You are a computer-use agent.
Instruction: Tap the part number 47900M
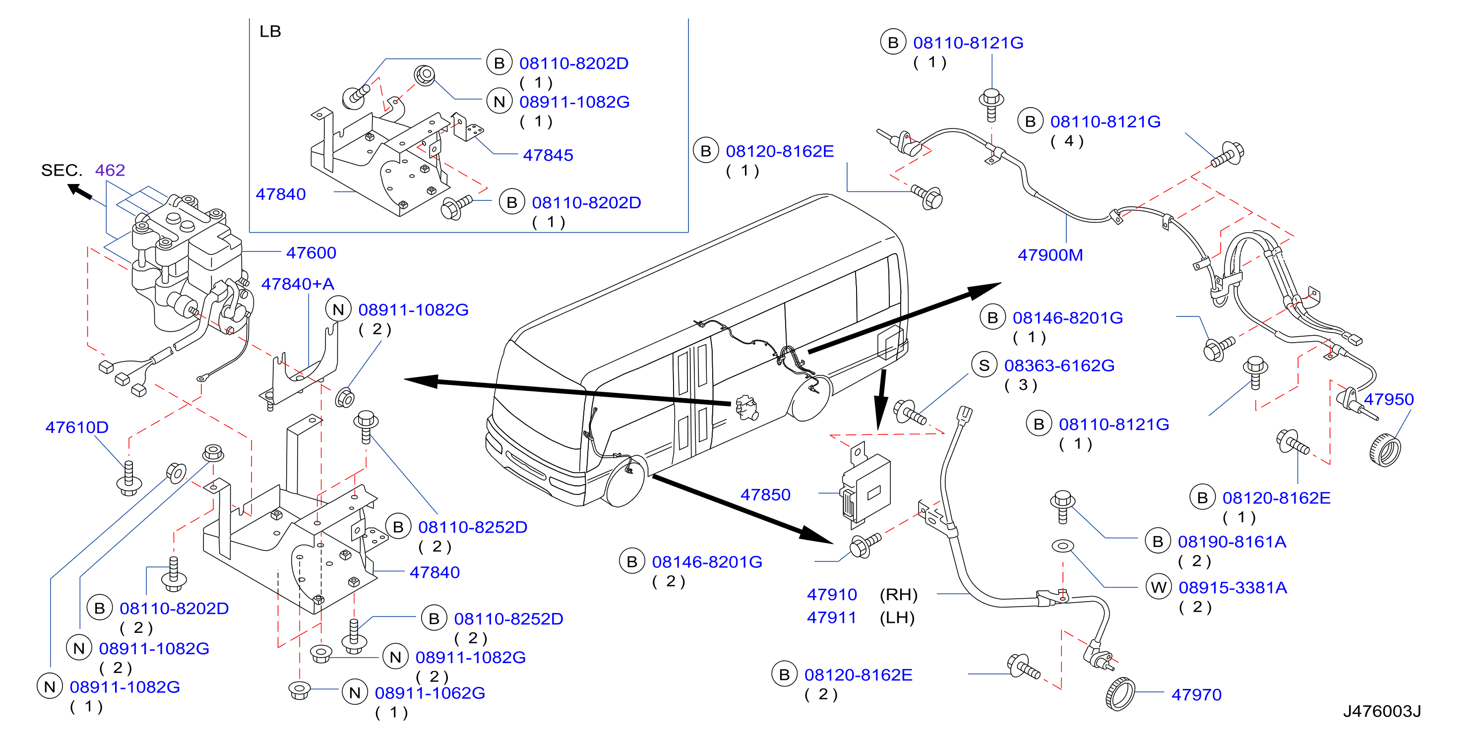(1050, 255)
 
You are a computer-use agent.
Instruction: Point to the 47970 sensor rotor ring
(1119, 694)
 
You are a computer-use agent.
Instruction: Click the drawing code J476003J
(1381, 711)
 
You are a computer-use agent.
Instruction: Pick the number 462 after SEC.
(110, 170)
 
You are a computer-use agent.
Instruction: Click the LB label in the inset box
(270, 31)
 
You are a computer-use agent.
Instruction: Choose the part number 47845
(548, 155)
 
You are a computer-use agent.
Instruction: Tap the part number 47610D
(76, 427)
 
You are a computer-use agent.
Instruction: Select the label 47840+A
(298, 284)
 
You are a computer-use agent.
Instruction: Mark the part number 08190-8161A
(1232, 542)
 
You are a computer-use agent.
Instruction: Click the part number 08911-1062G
(430, 693)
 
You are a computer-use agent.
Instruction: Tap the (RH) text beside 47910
(898, 595)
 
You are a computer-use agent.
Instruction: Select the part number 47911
(832, 617)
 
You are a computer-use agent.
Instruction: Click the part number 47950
(1388, 399)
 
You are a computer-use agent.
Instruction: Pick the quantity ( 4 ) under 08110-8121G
(1067, 141)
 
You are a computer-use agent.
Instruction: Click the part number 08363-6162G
(1059, 366)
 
